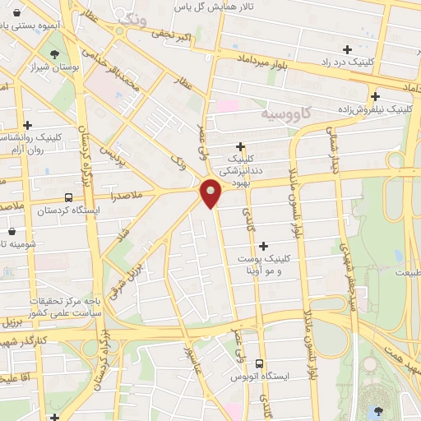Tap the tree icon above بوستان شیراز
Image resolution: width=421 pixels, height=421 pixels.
(x=55, y=55)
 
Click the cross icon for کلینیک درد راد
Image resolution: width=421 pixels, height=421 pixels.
(x=348, y=49)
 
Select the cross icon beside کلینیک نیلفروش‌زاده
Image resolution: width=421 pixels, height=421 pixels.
(x=375, y=95)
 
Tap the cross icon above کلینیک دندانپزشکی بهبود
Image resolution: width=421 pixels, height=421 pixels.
(x=240, y=146)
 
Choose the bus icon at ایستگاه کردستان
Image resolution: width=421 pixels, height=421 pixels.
(x=67, y=197)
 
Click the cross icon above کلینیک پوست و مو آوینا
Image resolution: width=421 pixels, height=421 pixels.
(x=263, y=246)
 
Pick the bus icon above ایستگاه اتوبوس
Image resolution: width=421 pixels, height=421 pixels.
(x=260, y=363)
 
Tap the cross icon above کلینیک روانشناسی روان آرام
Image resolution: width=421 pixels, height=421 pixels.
(x=29, y=125)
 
